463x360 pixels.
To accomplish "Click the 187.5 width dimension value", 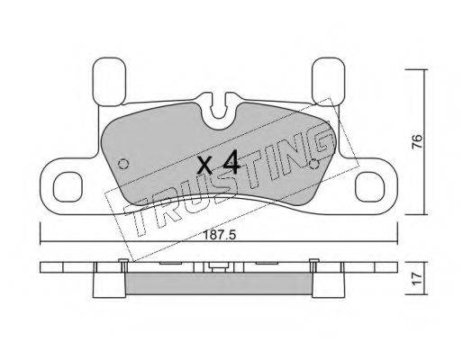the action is point(220,235).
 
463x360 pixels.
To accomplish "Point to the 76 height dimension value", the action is point(417,141).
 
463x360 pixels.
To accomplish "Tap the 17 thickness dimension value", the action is point(417,279).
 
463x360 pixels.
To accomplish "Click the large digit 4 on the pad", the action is point(231,162).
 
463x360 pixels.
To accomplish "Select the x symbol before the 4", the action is point(205,166).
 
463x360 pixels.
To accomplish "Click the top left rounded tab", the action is point(109,82).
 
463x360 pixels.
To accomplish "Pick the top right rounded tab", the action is point(328,81).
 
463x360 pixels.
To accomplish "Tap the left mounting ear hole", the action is point(68,187).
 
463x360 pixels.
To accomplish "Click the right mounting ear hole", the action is point(369,187).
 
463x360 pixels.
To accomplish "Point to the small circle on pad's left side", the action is point(123,164).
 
